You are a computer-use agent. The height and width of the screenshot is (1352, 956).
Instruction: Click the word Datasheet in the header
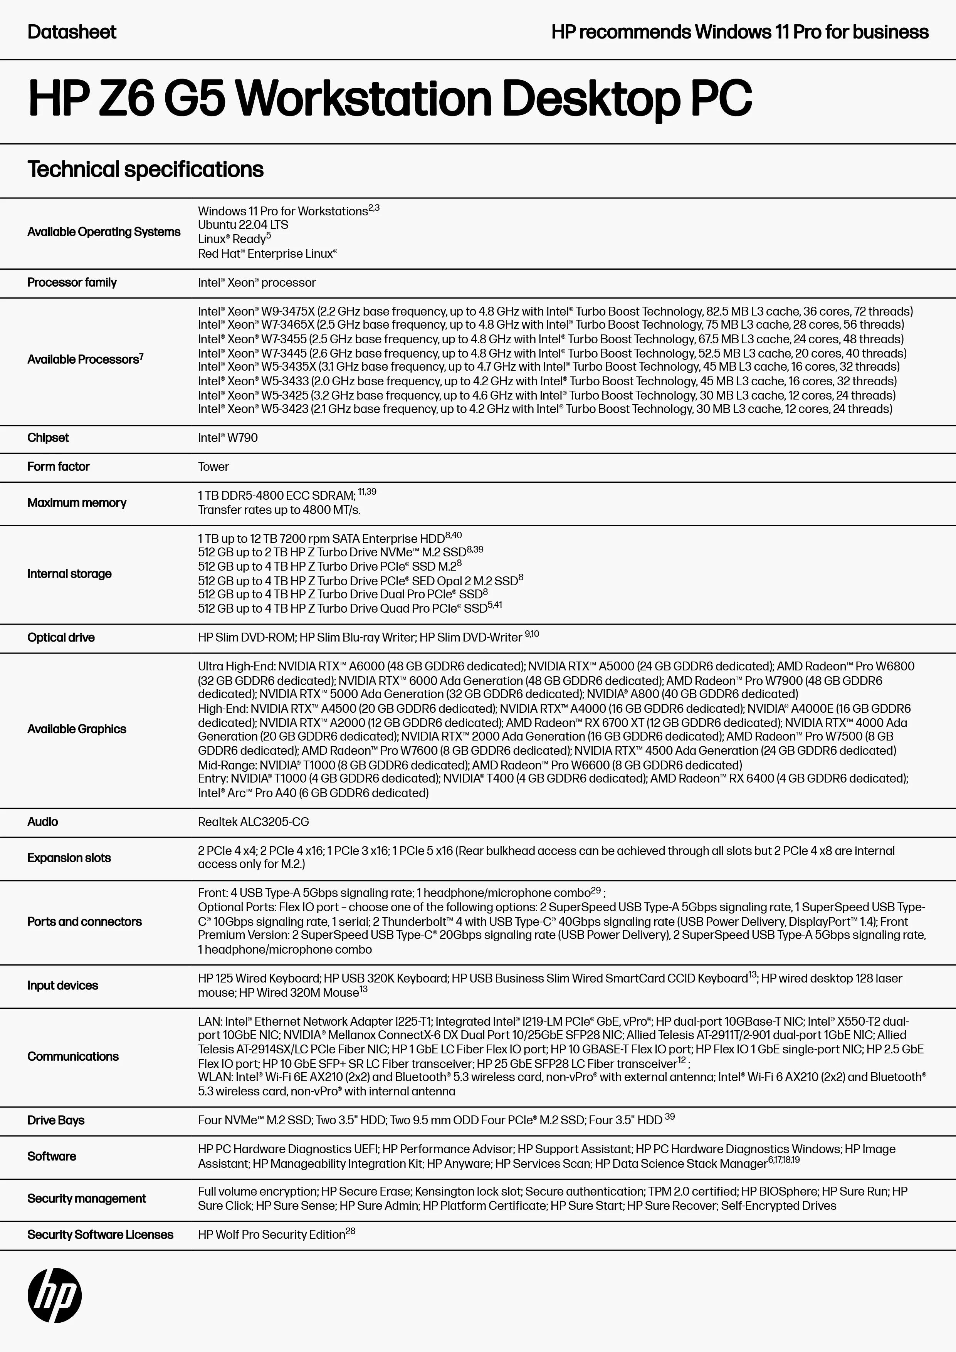(x=72, y=32)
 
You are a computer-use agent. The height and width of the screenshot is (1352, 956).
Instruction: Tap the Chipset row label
(x=48, y=438)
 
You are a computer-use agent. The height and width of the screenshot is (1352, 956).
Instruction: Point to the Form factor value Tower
(x=213, y=466)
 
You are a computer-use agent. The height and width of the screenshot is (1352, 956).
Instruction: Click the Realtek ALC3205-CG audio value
(x=253, y=821)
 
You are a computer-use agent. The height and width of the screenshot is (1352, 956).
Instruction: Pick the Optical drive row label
(x=60, y=637)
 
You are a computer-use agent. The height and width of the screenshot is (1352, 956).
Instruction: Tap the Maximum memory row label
(x=77, y=502)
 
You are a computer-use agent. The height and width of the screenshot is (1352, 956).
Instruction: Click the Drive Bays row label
(x=56, y=1120)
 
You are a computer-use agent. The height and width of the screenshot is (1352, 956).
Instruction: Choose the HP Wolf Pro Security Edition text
(x=272, y=1234)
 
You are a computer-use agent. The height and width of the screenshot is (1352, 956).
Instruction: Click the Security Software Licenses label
(x=100, y=1234)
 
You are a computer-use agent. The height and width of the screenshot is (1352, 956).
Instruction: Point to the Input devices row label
(x=62, y=985)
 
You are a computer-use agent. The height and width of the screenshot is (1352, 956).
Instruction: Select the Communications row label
(x=72, y=1056)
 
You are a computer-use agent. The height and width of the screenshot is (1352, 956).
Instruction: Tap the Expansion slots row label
(x=69, y=857)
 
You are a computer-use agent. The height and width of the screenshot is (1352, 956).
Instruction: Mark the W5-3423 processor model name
(x=286, y=409)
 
